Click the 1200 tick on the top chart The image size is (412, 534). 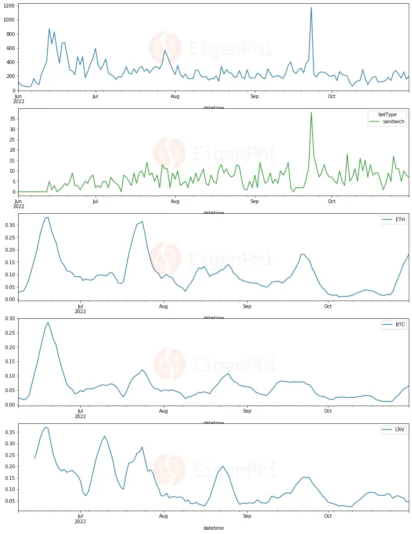pyautogui.click(x=8, y=6)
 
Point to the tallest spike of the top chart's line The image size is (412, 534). pyautogui.click(x=311, y=7)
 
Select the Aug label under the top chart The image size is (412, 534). pyautogui.click(x=175, y=97)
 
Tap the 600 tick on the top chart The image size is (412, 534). pyautogui.click(x=10, y=48)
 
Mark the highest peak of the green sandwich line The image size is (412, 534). pyautogui.click(x=311, y=112)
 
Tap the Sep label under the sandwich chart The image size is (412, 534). pyautogui.click(x=254, y=202)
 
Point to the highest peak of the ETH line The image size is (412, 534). pyautogui.click(x=47, y=217)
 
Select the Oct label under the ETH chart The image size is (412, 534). pyautogui.click(x=328, y=306)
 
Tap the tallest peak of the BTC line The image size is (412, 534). pyautogui.click(x=48, y=322)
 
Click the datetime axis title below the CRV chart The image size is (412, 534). pyautogui.click(x=214, y=528)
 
